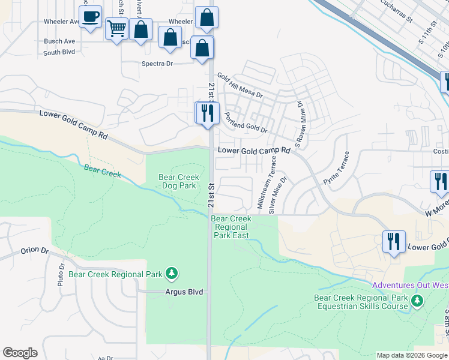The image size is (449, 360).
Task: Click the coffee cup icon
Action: [x=90, y=17]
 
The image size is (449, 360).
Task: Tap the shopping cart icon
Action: [x=116, y=28]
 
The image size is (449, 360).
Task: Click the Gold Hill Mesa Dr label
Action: [x=240, y=85]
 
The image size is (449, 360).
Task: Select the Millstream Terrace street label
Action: [x=267, y=182]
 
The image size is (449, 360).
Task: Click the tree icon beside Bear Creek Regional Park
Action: [x=172, y=274]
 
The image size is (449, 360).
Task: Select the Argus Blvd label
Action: [x=184, y=292]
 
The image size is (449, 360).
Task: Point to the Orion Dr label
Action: [x=34, y=250]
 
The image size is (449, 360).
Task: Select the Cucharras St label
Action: [x=397, y=11]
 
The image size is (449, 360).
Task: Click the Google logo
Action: [x=20, y=353]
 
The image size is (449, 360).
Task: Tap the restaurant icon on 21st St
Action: [x=207, y=113]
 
